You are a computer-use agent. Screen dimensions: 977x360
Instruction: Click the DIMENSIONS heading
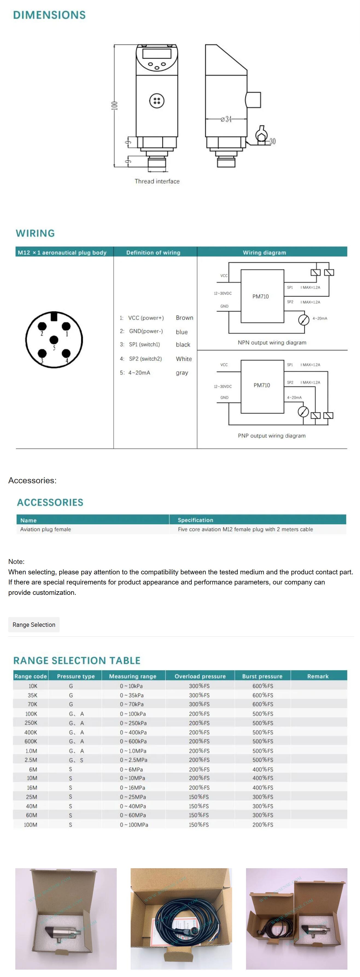[49, 15]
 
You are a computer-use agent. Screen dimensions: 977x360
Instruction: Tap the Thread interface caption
[157, 181]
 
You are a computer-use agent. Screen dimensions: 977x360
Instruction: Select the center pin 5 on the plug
[54, 340]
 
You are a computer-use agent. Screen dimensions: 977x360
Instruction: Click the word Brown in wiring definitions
[184, 318]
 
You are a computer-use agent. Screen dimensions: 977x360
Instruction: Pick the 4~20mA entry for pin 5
[139, 373]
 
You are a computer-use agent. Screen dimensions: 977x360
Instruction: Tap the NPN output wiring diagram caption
[272, 343]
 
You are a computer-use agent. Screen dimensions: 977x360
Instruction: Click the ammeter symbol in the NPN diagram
[303, 320]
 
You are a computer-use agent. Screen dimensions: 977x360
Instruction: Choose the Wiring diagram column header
[264, 253]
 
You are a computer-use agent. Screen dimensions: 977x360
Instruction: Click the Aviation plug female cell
[46, 530]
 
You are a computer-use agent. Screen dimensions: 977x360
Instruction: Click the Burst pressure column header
[262, 676]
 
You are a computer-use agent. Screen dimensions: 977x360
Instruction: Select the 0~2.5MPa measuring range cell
[133, 760]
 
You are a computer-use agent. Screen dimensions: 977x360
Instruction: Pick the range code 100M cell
[31, 825]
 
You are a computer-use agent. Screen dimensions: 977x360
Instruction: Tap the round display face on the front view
[157, 58]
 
